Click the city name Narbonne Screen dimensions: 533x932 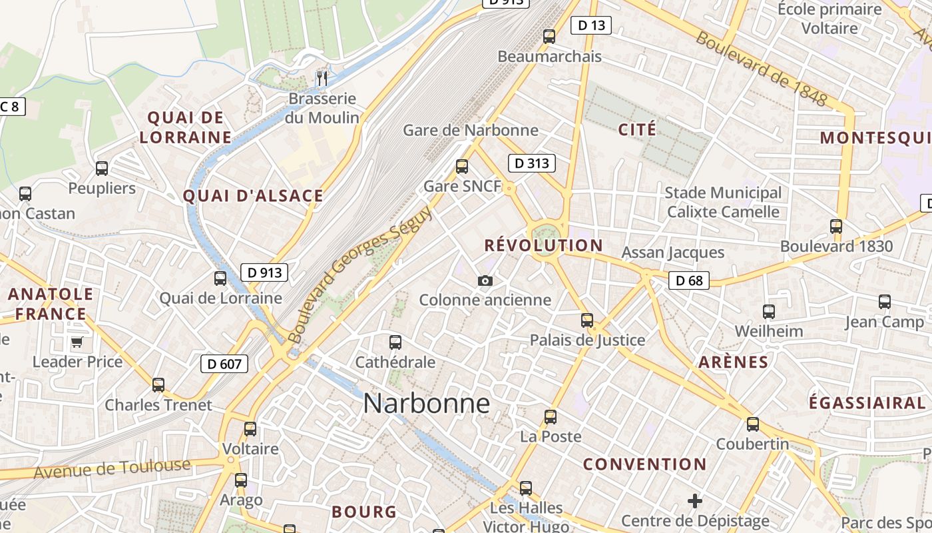[x=426, y=404]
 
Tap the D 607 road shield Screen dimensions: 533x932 [x=224, y=364]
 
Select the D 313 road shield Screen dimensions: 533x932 [x=532, y=163]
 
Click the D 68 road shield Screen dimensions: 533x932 [x=689, y=280]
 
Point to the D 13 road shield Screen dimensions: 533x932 [x=591, y=26]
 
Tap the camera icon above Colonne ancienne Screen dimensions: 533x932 [x=485, y=281]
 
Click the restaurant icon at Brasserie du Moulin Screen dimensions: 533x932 [x=322, y=79]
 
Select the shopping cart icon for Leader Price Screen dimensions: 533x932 [x=77, y=342]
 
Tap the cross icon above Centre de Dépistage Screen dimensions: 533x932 [x=695, y=501]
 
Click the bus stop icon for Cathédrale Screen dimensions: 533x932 [x=395, y=343]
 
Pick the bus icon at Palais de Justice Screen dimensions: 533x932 [x=587, y=320]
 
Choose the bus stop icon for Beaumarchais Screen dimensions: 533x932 [x=549, y=37]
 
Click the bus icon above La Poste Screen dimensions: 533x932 [x=551, y=417]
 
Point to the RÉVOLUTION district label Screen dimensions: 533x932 [x=543, y=245]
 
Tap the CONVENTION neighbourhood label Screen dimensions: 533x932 [x=644, y=464]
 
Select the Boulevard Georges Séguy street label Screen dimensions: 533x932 [x=361, y=274]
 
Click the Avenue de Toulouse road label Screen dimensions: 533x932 [x=112, y=469]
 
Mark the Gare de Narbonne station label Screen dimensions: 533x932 [x=471, y=130]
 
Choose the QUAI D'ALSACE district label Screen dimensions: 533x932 [x=253, y=196]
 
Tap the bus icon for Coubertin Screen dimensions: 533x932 [x=753, y=424]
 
